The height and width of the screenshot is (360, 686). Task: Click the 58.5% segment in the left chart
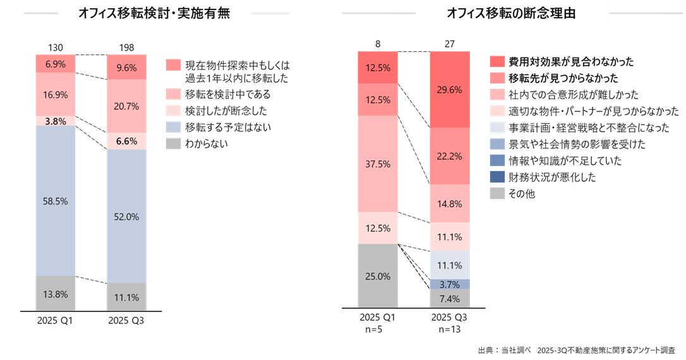(x=56, y=201)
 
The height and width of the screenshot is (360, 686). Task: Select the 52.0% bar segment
(x=126, y=216)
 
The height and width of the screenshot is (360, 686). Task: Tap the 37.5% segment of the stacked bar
(x=377, y=164)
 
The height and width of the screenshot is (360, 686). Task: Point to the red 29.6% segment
(x=449, y=90)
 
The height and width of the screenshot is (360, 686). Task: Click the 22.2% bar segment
(x=449, y=156)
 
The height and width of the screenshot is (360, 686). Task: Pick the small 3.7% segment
(x=449, y=284)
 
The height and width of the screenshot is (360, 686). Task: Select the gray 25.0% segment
(x=377, y=277)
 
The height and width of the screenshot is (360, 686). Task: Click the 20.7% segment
(x=126, y=106)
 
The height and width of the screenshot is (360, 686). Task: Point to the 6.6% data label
(x=126, y=141)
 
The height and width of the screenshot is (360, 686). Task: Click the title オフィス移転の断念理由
(x=511, y=14)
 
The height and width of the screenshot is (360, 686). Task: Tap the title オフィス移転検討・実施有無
(x=155, y=14)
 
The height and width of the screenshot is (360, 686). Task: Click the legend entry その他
(x=521, y=194)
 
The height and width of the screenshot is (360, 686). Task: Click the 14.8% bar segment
(x=449, y=203)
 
